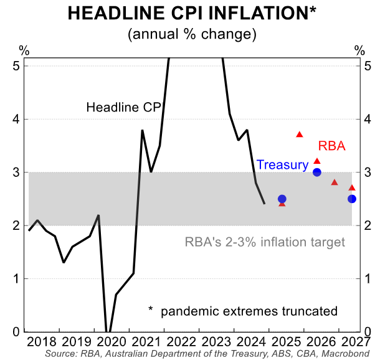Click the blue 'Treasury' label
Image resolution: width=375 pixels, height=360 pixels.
pos(283,165)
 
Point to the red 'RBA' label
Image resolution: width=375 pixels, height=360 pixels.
pos(332,146)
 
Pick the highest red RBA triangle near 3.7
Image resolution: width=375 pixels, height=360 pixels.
pos(300,135)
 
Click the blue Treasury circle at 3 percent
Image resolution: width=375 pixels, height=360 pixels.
pos(317,173)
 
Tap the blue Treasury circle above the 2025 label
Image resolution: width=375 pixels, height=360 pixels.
pos(282,199)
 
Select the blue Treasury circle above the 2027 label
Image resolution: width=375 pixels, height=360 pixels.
pos(352,199)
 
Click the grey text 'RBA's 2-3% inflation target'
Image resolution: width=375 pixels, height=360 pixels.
pos(265,242)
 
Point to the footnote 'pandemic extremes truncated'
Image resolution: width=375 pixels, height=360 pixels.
pos(249,311)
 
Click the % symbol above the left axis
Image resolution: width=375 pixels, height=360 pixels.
pos(24,50)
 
